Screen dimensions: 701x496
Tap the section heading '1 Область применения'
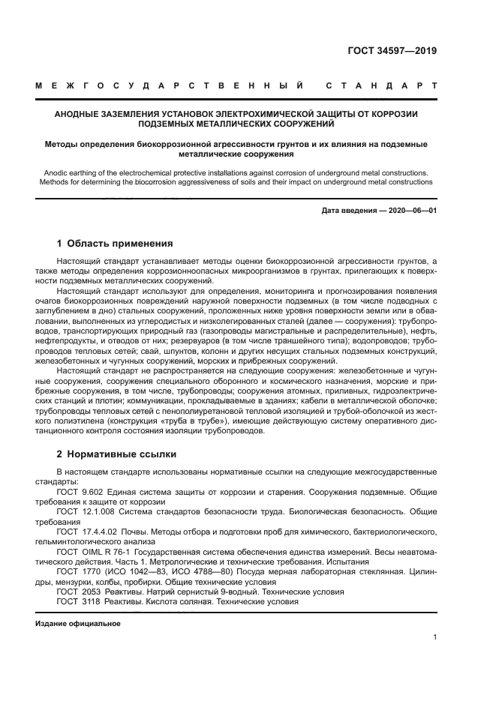click(116, 244)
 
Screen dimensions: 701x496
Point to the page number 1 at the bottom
click(435, 637)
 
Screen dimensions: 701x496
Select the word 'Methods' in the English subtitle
click(54, 182)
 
